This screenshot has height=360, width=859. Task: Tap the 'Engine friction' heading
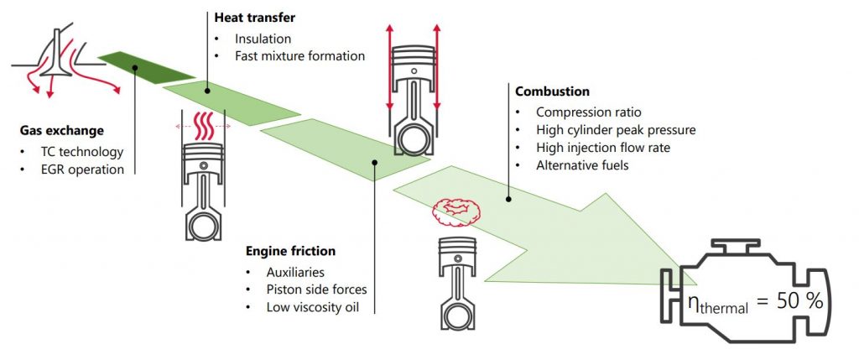290,250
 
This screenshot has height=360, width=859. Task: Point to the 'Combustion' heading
552,91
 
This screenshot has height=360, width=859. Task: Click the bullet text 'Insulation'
263,39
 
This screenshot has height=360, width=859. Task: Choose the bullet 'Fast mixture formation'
299,56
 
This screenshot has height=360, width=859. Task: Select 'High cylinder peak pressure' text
616,130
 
